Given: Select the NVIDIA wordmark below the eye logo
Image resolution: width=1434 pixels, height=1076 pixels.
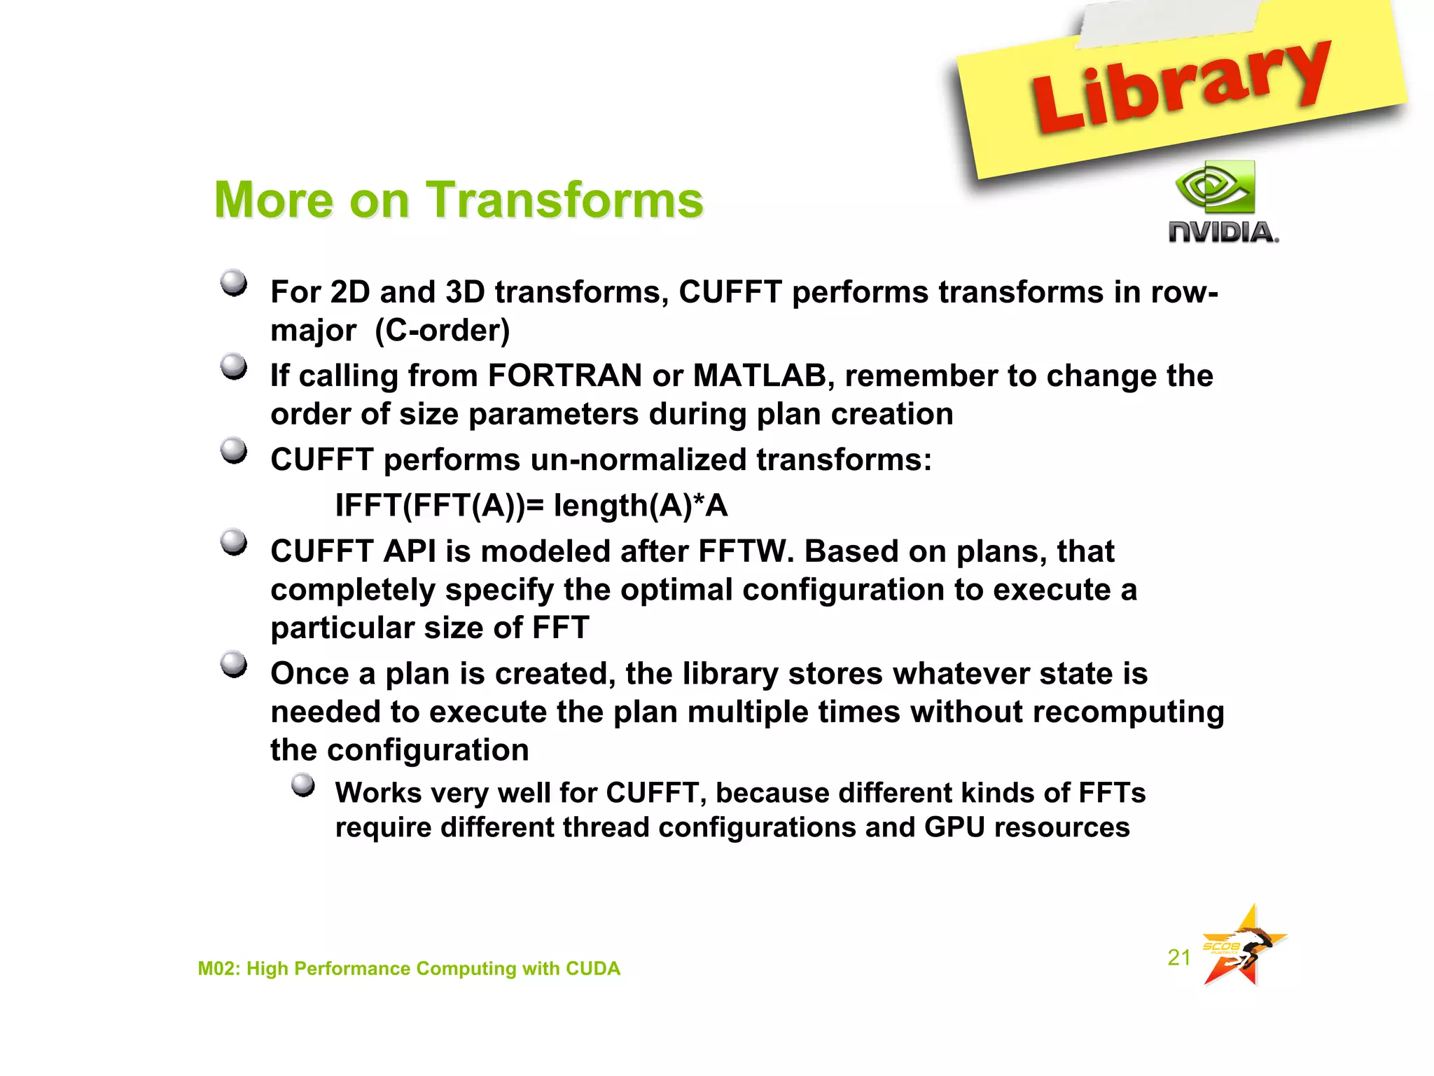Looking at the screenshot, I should tap(1223, 233).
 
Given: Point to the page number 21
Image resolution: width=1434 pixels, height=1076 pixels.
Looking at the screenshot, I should tap(1179, 957).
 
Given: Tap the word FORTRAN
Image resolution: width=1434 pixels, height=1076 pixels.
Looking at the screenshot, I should tap(564, 376).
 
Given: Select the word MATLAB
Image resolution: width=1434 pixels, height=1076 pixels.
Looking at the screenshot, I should tap(760, 376).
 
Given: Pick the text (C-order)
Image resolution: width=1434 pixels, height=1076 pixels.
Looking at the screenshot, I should tap(443, 331).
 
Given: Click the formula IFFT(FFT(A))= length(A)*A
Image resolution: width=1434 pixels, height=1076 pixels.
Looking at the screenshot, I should tap(531, 506).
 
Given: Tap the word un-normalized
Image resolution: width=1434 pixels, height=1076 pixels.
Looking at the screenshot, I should tap(639, 460).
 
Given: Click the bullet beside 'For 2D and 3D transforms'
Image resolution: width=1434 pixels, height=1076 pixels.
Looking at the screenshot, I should tap(234, 284).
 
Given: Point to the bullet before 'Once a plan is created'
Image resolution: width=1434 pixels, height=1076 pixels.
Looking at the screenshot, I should tap(234, 664).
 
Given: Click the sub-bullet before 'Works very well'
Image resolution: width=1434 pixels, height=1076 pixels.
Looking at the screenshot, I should tap(302, 785).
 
